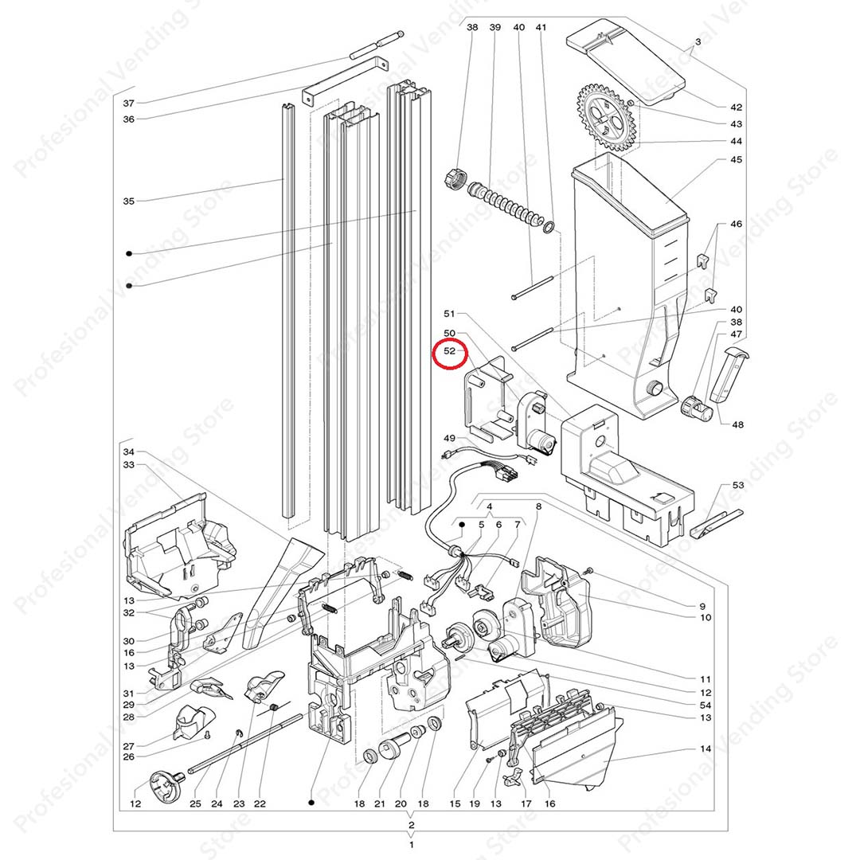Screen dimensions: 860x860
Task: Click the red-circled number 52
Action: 449,350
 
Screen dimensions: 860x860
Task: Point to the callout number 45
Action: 736,160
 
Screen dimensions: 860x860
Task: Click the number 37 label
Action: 129,104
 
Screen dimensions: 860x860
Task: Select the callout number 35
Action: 129,201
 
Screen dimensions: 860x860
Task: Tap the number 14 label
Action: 705,749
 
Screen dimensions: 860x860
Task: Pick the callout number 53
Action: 737,485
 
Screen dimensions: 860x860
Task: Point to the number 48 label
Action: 737,424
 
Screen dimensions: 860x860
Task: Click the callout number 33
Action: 129,464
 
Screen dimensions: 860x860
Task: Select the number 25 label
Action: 195,804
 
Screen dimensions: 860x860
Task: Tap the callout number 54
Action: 705,705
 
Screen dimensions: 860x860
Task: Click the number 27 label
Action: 129,746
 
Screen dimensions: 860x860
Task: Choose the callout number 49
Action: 449,438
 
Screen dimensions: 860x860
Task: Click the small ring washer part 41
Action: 549,228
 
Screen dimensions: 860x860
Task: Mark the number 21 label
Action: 380,804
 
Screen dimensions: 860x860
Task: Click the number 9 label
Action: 703,605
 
